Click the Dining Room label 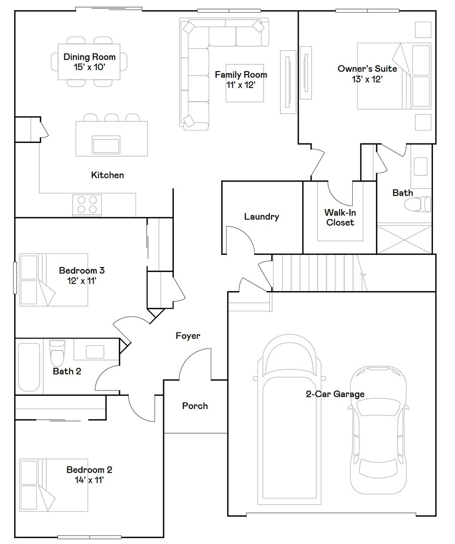pos(89,57)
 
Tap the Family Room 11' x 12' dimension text pos(241,85)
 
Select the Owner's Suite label pos(367,69)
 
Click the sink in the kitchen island pos(106,145)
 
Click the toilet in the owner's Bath pos(418,204)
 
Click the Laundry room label pos(261,217)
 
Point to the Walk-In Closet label pos(340,218)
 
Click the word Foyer pos(188,335)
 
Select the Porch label pos(194,405)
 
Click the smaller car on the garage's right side pos(378,428)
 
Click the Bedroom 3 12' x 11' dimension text pos(82,280)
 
